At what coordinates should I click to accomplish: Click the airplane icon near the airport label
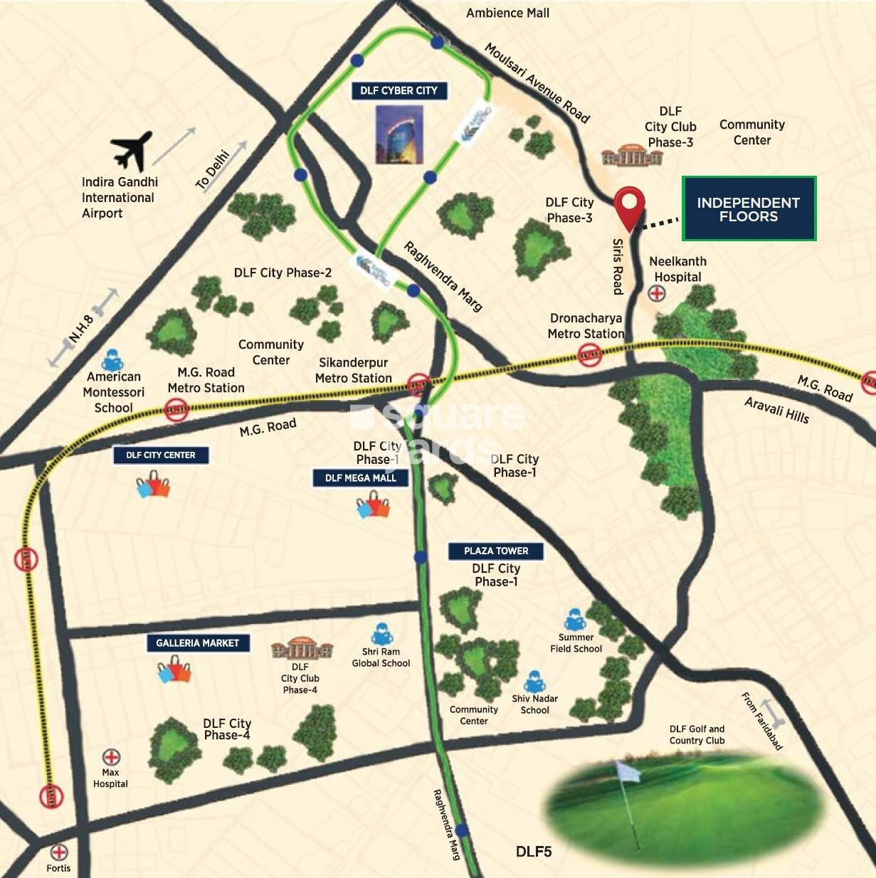point(132,150)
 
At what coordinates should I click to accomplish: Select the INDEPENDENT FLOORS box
point(749,209)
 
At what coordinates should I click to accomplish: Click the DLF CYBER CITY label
point(399,90)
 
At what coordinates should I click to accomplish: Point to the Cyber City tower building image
point(399,134)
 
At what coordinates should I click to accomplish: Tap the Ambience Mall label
point(507,13)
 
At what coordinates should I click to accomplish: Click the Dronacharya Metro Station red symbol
point(589,354)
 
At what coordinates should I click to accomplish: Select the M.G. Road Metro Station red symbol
point(176,409)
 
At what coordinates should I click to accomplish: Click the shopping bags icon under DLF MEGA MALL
point(374,507)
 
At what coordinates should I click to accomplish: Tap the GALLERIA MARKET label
point(197,642)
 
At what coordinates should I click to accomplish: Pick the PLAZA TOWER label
point(496,551)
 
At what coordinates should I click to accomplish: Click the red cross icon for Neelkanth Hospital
point(657,293)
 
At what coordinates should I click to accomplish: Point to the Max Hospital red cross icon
point(111,757)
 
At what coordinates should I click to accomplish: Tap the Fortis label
point(58,868)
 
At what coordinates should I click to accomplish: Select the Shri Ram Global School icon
point(381,634)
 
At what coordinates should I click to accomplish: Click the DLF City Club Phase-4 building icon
point(302,649)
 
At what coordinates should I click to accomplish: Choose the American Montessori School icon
point(112,360)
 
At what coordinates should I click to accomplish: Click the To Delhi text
point(213,169)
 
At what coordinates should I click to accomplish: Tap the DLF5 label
point(534,852)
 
